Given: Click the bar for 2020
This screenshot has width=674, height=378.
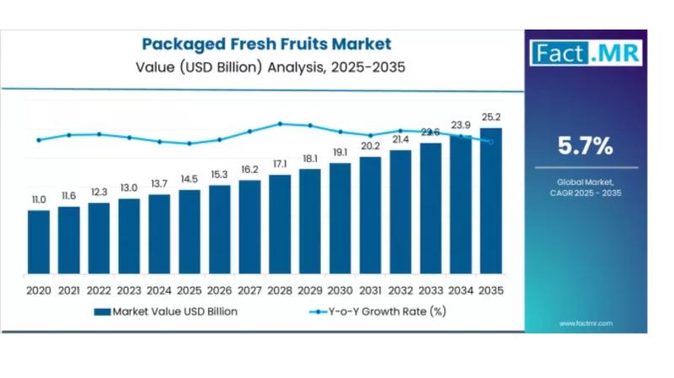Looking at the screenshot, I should (39, 242).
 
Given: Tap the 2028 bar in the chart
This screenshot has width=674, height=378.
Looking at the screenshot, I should (280, 224).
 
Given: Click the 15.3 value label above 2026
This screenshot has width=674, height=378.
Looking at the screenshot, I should (220, 175).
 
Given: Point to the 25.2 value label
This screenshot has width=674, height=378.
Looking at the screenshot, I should (490, 117).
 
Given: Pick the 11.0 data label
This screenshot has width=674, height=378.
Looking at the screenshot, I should (39, 200).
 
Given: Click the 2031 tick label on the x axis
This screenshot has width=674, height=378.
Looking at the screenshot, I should (371, 289).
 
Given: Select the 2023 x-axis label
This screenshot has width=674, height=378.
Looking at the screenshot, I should (129, 289).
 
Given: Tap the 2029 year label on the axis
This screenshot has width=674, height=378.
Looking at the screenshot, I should (310, 289).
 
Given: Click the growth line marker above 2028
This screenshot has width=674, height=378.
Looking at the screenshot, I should (280, 123).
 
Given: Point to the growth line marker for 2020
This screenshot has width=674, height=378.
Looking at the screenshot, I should (39, 140).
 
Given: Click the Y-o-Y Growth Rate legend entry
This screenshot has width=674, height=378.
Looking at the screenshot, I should (378, 311).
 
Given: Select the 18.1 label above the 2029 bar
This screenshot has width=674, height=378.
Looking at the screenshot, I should (310, 159).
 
